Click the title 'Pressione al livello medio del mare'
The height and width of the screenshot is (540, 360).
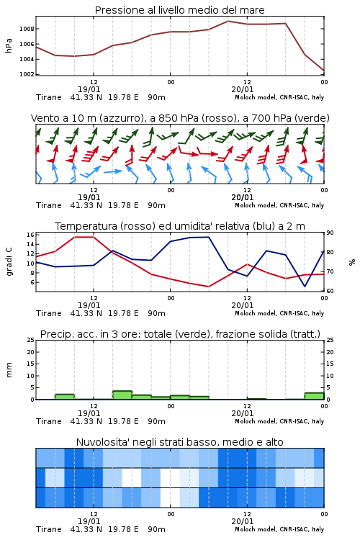click(179, 10)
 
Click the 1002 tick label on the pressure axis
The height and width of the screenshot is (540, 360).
click(27, 74)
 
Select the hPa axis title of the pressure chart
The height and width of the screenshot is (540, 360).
click(9, 45)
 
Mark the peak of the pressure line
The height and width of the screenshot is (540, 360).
click(228, 21)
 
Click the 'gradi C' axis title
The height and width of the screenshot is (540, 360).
click(9, 262)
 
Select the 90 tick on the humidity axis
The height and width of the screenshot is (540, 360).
click(330, 233)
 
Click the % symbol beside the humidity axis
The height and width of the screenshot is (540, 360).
click(352, 262)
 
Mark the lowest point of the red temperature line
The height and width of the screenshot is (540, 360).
click(208, 287)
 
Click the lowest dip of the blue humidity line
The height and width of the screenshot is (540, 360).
click(305, 287)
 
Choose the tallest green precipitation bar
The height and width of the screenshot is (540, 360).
click(122, 395)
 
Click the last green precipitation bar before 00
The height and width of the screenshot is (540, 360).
click(314, 396)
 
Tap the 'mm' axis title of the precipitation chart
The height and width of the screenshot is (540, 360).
click(9, 370)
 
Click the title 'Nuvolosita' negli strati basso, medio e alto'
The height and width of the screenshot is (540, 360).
click(179, 442)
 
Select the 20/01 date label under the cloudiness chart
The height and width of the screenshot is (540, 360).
click(243, 521)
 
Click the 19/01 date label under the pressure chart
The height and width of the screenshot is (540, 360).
click(89, 89)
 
